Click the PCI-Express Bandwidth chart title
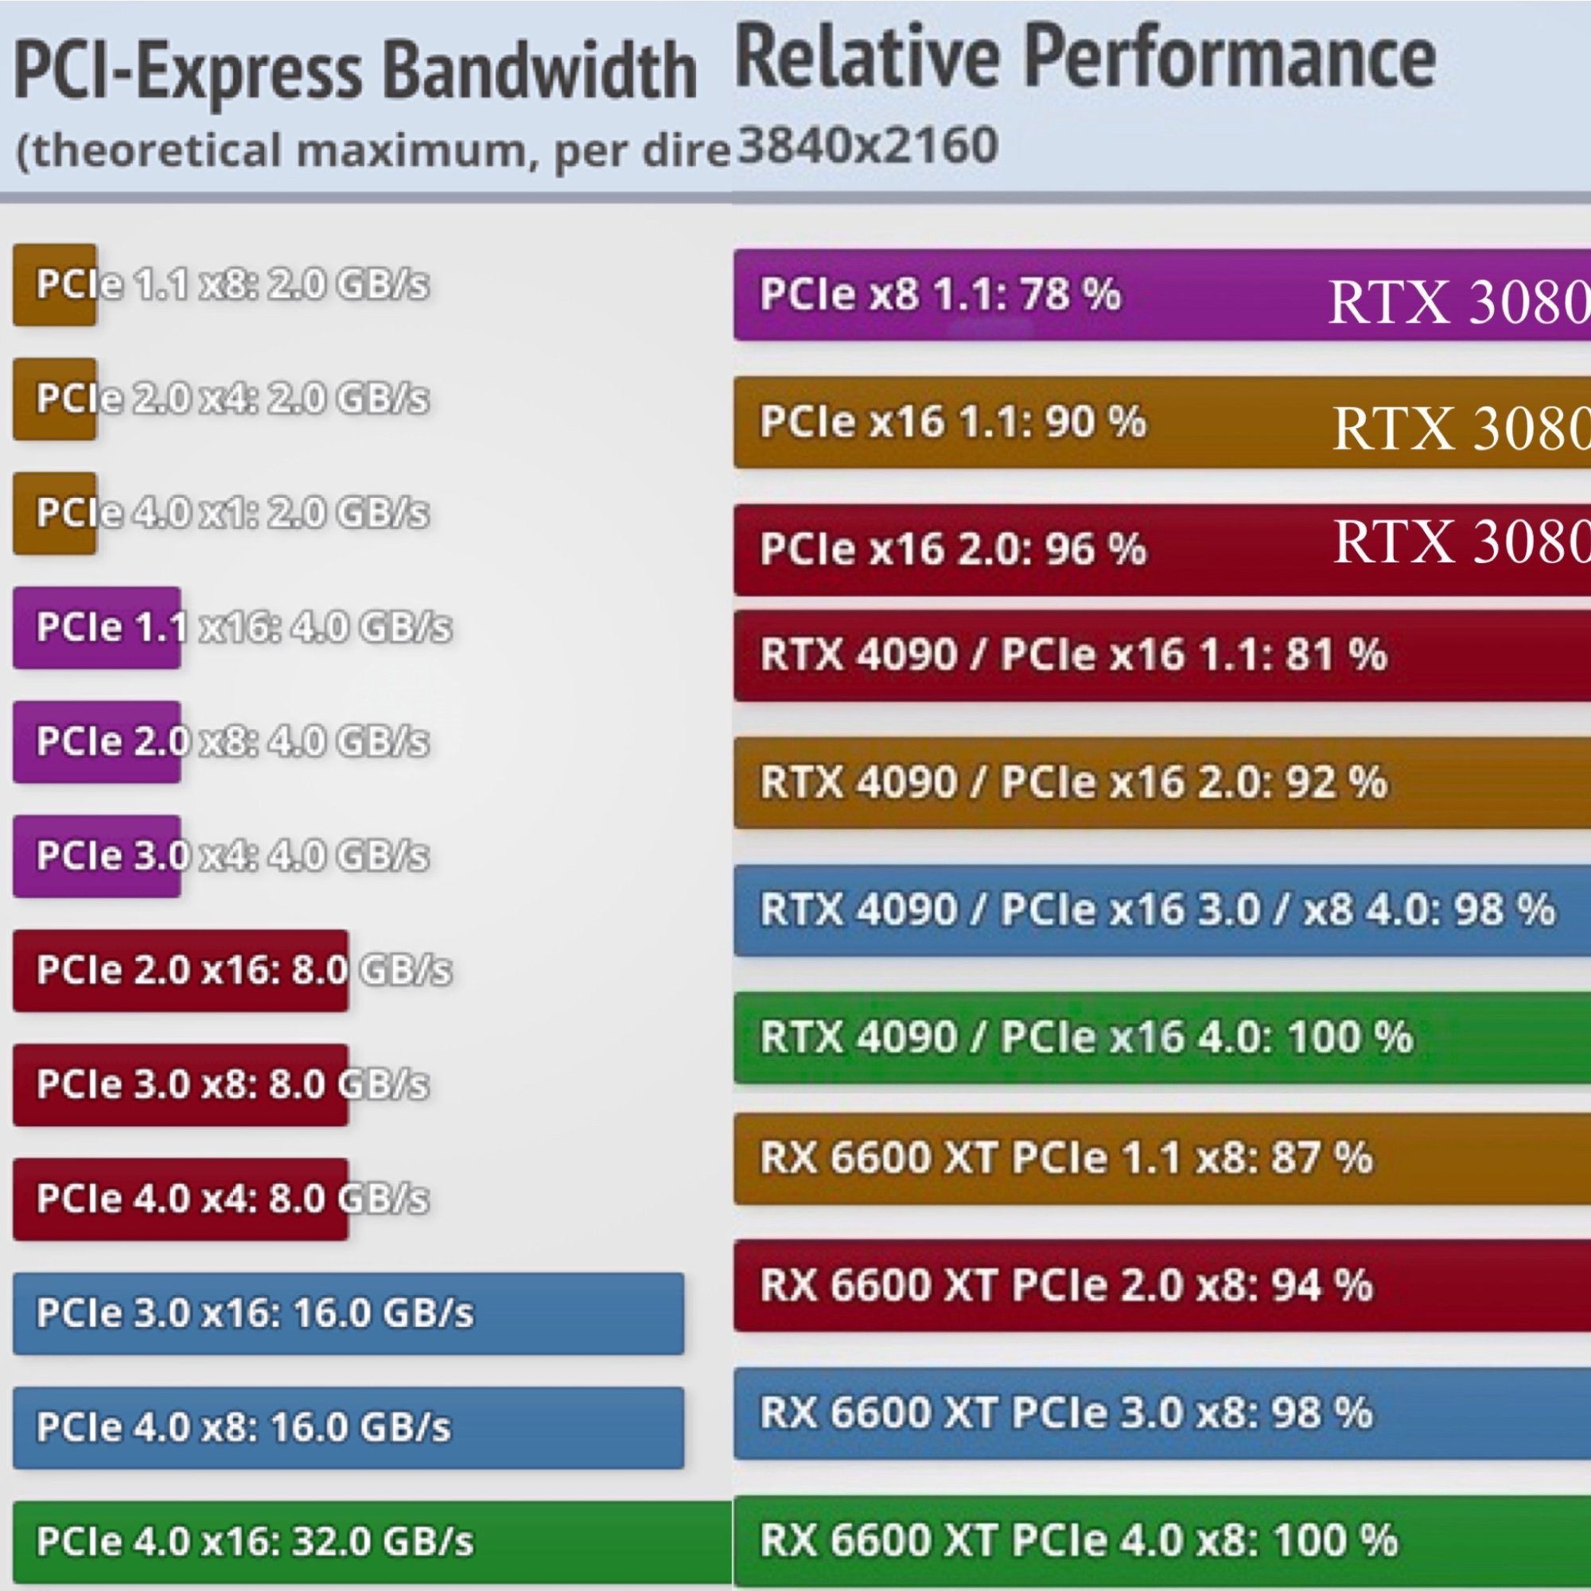tap(354, 72)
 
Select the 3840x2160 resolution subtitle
tap(867, 146)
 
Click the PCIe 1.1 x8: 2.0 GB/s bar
tap(54, 285)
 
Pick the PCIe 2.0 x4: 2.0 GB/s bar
tap(54, 399)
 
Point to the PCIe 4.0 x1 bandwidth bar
tap(54, 513)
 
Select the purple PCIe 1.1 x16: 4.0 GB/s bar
tap(96, 628)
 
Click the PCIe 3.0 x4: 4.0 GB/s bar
tap(96, 856)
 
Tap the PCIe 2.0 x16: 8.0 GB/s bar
tap(181, 970)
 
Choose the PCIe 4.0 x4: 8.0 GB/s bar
tap(181, 1198)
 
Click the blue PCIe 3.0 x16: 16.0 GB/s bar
tap(348, 1313)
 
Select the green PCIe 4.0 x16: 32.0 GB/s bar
tap(371, 1541)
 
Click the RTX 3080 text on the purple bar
tap(1458, 302)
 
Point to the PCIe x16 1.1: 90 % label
tap(953, 422)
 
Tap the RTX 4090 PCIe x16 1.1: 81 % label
tap(1074, 655)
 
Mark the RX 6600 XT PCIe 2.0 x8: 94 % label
tap(1067, 1285)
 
